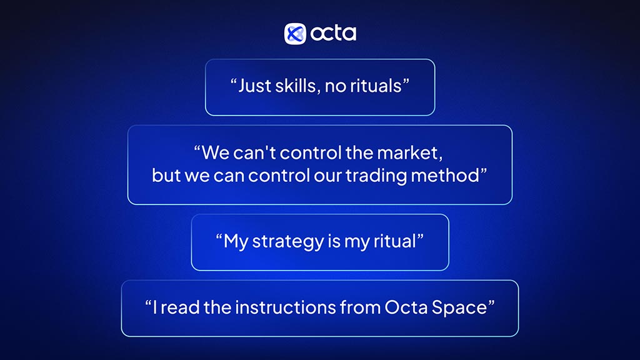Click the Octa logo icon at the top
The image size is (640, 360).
(295, 34)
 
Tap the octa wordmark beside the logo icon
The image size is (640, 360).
(333, 33)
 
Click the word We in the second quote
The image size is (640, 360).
(216, 152)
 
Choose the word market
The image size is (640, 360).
(407, 152)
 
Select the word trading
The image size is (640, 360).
(376, 176)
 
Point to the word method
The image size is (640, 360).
(445, 176)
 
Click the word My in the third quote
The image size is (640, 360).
(236, 242)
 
